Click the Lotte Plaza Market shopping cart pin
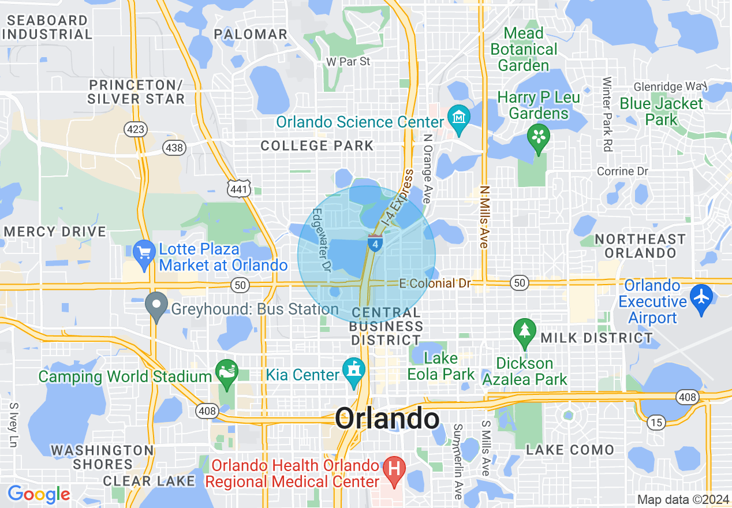[x=144, y=252]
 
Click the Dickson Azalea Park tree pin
[x=524, y=331]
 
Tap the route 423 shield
[x=136, y=129]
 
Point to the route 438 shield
[x=174, y=148]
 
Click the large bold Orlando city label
[x=387, y=418]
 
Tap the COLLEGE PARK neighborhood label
[x=317, y=145]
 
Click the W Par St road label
[x=348, y=61]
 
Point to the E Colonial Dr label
[x=435, y=283]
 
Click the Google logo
[x=39, y=494]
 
